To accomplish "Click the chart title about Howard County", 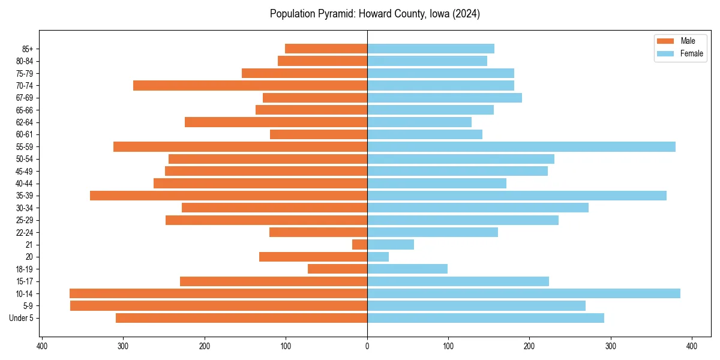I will coord(374,14).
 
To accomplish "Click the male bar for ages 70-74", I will coord(250,85).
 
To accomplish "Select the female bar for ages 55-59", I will coord(521,146).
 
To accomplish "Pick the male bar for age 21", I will coord(359,244).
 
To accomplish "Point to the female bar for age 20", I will coord(378,257).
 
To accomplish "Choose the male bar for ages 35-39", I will coord(229,196).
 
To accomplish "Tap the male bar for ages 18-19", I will coord(337,269).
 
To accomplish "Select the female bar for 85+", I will coord(431,49).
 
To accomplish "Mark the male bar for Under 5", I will coord(241,318).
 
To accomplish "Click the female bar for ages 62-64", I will coord(419,122).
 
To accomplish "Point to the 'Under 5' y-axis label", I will coord(21,318).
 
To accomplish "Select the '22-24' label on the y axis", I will coord(25,232).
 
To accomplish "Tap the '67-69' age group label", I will coord(25,98).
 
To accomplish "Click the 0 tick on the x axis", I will coord(367,346).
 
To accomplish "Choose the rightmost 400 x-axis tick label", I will coord(692,346).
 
